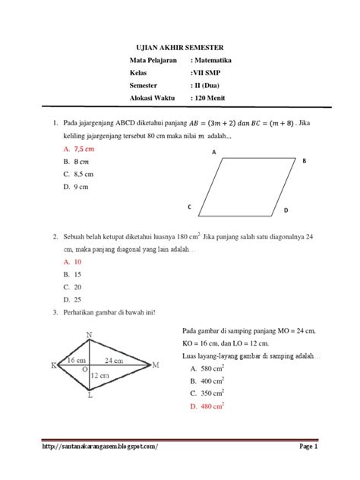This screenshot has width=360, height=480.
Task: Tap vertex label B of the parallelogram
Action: [304, 162]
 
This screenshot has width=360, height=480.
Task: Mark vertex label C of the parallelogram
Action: [189, 207]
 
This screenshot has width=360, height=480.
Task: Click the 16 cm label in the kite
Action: [76, 359]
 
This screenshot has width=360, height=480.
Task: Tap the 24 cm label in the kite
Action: [115, 359]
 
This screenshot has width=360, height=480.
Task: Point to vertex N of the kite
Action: [90, 335]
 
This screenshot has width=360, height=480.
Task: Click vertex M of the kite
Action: [156, 365]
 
